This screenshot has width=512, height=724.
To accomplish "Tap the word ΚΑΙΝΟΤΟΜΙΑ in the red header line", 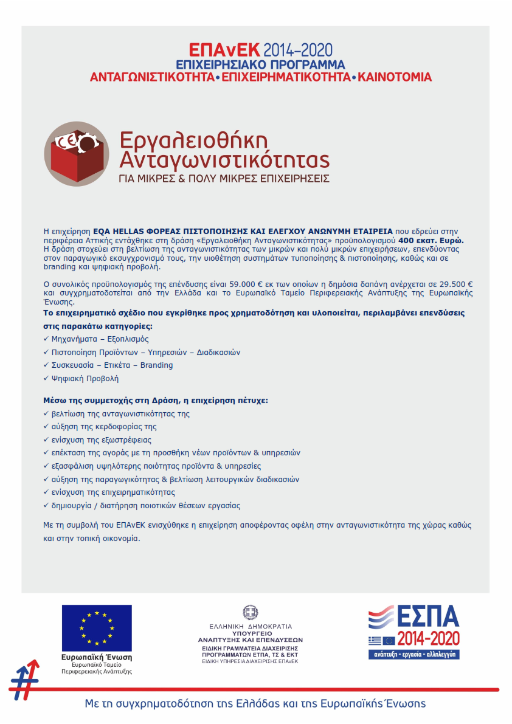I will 395,78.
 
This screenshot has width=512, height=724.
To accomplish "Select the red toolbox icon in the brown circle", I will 77,154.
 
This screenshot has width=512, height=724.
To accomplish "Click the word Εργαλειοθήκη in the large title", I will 193,140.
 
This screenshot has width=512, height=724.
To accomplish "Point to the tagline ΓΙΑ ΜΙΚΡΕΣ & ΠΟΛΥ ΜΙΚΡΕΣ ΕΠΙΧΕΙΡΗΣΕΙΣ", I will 224,179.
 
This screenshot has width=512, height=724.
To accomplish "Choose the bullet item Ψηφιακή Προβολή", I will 85,378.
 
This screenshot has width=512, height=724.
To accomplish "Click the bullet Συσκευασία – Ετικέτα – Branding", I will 112,365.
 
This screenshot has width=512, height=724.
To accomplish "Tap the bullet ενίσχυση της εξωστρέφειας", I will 102,440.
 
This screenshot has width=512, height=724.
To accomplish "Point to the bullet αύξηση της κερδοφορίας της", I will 104,427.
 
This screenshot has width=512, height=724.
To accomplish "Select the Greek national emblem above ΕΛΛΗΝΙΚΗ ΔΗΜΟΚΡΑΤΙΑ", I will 250,612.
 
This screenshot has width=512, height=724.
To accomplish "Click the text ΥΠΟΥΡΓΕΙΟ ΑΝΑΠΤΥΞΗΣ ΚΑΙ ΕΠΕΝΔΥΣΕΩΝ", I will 250,636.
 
